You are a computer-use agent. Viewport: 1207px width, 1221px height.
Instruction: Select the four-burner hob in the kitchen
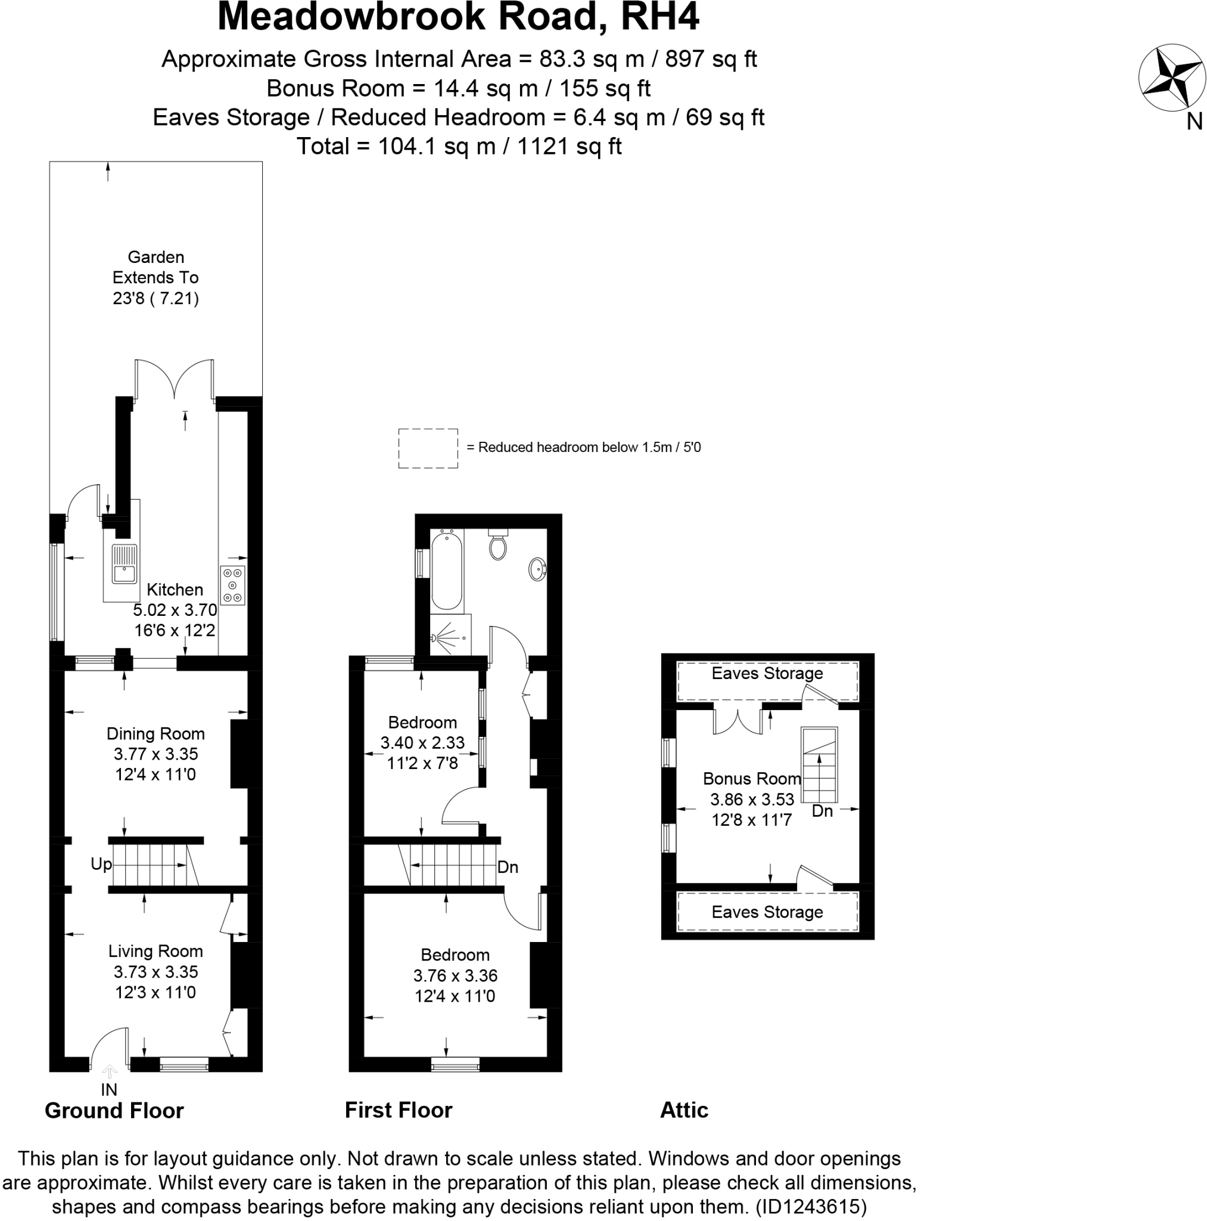[x=232, y=585]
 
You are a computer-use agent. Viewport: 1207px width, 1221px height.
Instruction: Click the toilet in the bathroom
[x=497, y=546]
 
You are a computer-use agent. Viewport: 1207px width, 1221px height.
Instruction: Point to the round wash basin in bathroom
[x=537, y=568]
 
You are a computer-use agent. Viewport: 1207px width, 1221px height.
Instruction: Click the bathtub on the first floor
[x=447, y=571]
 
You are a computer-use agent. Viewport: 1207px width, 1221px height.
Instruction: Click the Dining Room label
[x=155, y=733]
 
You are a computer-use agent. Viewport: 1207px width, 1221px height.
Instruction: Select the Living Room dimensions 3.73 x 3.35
[x=155, y=971]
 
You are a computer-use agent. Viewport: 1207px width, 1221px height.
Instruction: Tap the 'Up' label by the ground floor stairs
[x=101, y=863]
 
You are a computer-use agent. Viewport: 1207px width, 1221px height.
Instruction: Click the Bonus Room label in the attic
[x=751, y=779]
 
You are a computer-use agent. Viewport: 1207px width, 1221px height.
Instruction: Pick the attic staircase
[x=819, y=764]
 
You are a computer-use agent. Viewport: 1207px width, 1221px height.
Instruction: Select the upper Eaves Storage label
[x=767, y=673]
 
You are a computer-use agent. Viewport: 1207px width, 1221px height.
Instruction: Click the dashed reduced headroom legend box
[x=428, y=448]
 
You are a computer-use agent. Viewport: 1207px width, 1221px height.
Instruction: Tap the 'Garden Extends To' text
[x=155, y=277]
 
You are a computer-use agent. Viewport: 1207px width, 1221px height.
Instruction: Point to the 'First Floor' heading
[x=398, y=1110]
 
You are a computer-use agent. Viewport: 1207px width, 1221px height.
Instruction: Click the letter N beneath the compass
[x=1194, y=122]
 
